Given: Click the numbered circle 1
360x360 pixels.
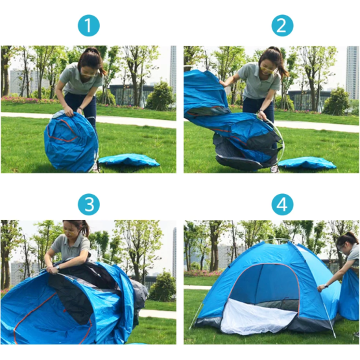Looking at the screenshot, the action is click(x=89, y=25).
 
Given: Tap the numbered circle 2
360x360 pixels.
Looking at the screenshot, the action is click(x=282, y=25).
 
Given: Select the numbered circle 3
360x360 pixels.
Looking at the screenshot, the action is click(x=89, y=204).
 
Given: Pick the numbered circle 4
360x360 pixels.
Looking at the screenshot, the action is click(x=282, y=204).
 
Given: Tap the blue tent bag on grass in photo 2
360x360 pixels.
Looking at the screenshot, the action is click(x=307, y=163).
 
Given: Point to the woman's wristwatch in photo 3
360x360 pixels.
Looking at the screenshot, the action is click(x=58, y=267).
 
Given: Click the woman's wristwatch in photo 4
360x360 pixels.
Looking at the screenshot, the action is click(x=326, y=286).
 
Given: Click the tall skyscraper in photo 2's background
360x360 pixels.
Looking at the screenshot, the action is click(x=352, y=72).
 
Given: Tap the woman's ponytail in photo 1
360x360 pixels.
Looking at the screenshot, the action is click(x=95, y=60).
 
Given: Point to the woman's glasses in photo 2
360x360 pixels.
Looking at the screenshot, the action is click(x=267, y=69).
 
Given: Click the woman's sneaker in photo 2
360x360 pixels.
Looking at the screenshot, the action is click(x=274, y=169).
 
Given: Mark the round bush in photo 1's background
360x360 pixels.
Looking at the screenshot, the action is click(x=160, y=97).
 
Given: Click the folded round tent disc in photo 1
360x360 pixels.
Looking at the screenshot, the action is click(x=71, y=141).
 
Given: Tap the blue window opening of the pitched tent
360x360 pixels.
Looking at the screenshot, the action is click(x=264, y=283).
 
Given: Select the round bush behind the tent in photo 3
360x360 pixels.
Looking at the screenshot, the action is click(x=163, y=287).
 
